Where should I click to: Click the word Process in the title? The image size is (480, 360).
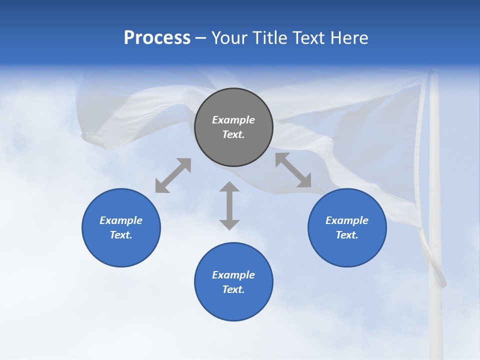[x=157, y=38]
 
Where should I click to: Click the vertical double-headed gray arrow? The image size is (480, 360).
[x=229, y=205]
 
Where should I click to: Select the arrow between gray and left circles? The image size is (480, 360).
[x=173, y=175]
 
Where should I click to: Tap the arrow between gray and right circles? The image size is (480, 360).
[x=293, y=170]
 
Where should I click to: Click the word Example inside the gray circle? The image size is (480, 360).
[x=233, y=120]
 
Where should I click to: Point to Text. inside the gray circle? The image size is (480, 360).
[x=233, y=134]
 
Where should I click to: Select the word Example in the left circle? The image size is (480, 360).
[x=121, y=220]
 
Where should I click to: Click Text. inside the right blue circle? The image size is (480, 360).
[x=347, y=235]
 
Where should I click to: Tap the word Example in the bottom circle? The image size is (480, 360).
[x=233, y=275]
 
